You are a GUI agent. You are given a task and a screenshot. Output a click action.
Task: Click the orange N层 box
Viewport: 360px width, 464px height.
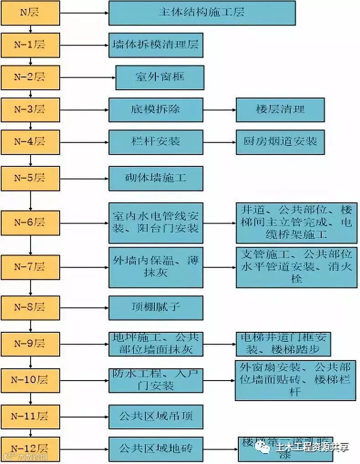tap(30, 13)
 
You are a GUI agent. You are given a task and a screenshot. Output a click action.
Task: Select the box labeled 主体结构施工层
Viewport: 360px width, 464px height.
tap(201, 13)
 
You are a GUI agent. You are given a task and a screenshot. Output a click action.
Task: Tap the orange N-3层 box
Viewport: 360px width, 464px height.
tap(30, 110)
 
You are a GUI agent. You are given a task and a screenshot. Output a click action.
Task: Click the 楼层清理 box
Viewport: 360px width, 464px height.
tap(280, 110)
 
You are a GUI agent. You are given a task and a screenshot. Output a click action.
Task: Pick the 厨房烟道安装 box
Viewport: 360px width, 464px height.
tap(280, 142)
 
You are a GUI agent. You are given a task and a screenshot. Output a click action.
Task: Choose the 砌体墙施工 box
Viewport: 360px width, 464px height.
tap(155, 178)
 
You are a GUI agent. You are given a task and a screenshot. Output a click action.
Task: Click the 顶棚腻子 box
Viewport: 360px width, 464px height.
tap(155, 307)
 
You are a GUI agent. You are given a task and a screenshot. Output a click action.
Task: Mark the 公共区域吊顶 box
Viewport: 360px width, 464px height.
tap(155, 416)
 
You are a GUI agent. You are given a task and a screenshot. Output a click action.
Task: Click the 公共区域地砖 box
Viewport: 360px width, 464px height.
tap(155, 449)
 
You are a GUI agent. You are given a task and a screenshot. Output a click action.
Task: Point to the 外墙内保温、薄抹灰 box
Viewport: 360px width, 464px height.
tap(155, 267)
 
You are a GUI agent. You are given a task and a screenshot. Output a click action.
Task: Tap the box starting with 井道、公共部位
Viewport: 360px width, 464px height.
tap(296, 223)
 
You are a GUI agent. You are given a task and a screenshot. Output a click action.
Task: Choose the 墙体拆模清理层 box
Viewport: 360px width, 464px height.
tap(155, 45)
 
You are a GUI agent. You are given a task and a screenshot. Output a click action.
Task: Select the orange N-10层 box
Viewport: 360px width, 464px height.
tap(30, 380)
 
